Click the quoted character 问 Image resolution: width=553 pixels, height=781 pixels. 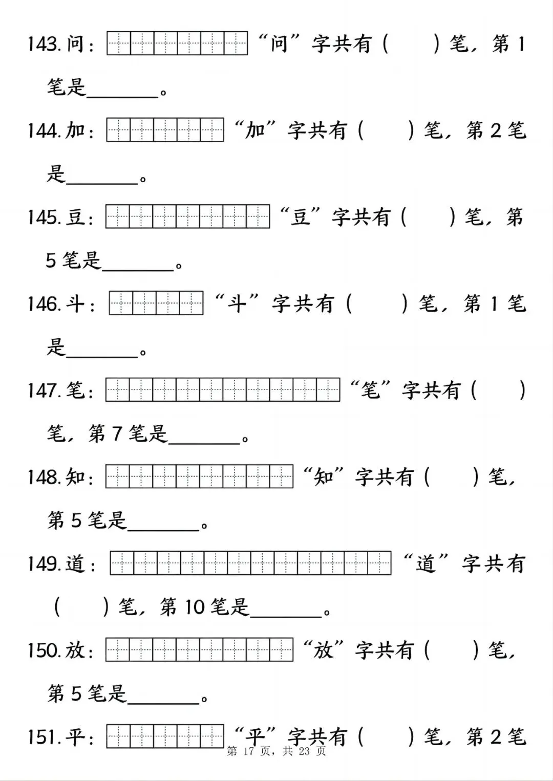279,44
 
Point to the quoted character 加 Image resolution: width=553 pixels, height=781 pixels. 254,131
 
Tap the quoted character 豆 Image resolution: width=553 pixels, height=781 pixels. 301,217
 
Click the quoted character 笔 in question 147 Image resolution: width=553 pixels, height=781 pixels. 370,390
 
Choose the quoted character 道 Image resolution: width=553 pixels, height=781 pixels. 426,564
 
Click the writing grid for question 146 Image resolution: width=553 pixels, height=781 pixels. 156,303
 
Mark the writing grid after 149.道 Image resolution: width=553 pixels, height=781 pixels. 251,563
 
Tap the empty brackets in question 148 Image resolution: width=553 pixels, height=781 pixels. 452,478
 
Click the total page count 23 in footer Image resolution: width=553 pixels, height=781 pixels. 304,751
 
